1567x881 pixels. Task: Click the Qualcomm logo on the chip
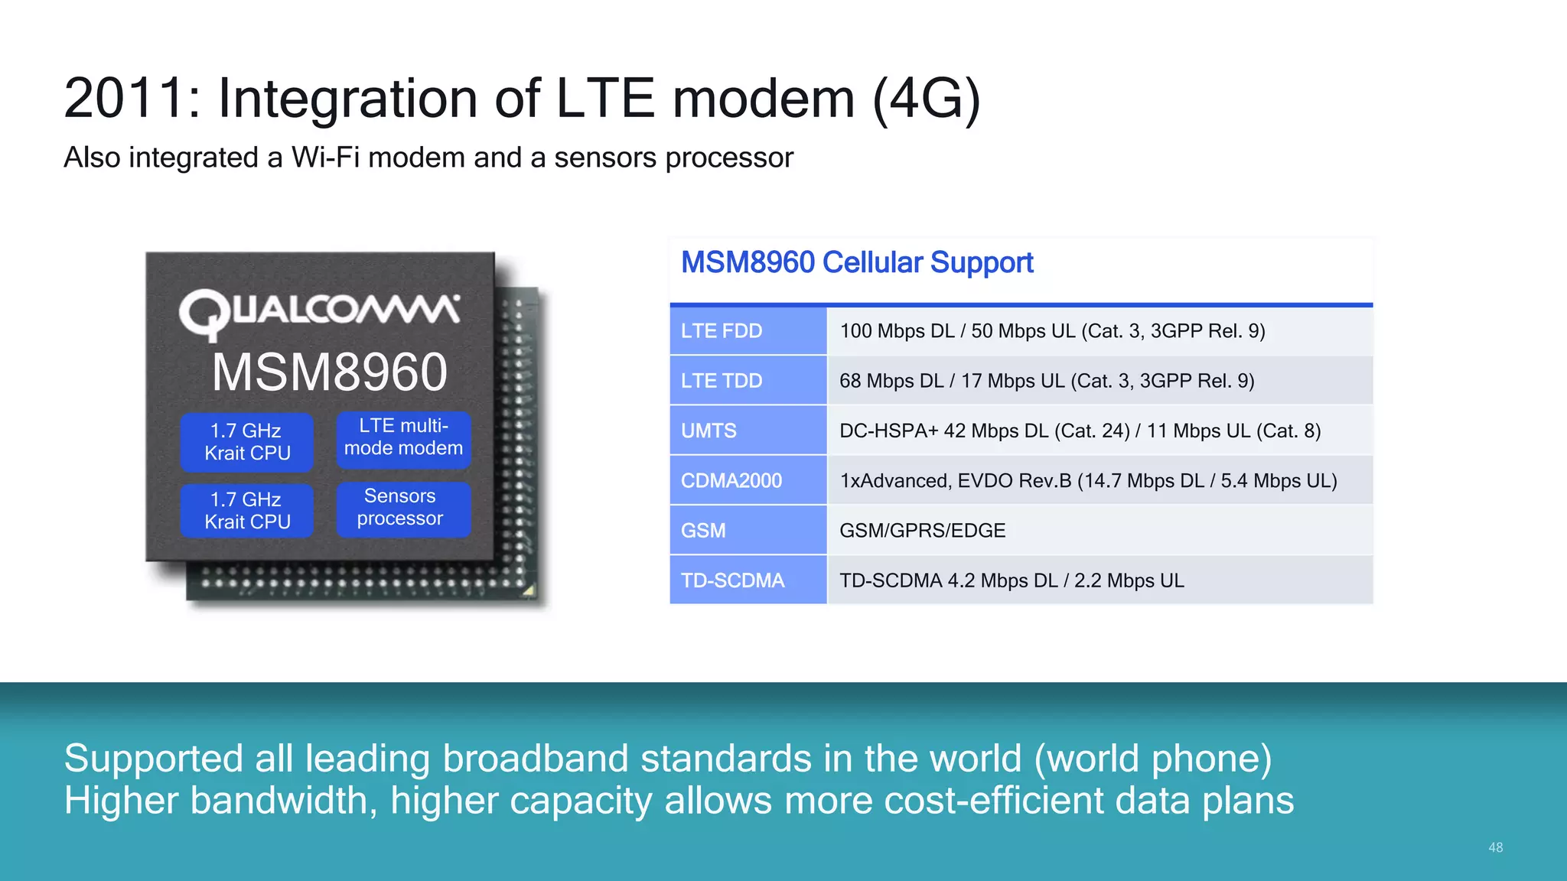(x=319, y=313)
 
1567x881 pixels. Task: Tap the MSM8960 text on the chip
(x=329, y=372)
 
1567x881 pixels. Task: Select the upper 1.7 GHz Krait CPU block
(x=247, y=442)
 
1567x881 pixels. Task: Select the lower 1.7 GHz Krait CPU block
(x=247, y=511)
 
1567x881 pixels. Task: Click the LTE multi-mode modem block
(x=403, y=437)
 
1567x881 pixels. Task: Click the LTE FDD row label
(x=722, y=331)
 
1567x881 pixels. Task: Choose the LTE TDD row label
(x=722, y=381)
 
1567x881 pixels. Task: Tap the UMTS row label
(x=709, y=431)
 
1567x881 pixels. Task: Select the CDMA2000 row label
(x=731, y=481)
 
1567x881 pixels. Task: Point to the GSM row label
(x=703, y=531)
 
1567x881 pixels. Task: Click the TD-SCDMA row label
(x=732, y=581)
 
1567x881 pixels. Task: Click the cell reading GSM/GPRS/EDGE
(x=922, y=531)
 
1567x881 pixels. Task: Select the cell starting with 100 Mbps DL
(x=1052, y=331)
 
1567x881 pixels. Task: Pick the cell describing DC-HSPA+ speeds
(x=1080, y=431)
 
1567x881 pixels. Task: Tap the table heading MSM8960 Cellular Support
(x=857, y=263)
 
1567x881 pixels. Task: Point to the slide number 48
(x=1495, y=847)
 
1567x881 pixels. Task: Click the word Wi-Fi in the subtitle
(x=325, y=158)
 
